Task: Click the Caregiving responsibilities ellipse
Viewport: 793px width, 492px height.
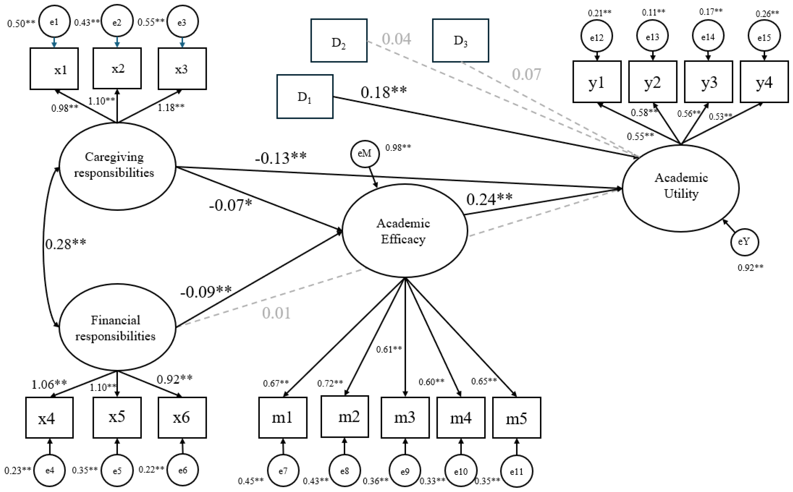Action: (117, 166)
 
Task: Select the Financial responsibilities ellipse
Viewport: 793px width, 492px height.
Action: (117, 327)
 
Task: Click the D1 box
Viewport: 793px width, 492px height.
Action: (305, 96)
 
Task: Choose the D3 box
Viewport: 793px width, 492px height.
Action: (460, 40)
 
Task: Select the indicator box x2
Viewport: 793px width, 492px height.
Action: (117, 69)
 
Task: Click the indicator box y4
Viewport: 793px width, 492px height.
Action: (764, 82)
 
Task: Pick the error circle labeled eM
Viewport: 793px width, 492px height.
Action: (365, 153)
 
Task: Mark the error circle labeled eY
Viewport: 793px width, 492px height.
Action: (744, 242)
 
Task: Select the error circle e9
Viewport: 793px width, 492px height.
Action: (405, 472)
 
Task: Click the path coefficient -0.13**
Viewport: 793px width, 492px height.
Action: (281, 158)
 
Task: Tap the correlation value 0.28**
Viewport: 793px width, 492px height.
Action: (66, 244)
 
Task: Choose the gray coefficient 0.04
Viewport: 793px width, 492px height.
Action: (396, 39)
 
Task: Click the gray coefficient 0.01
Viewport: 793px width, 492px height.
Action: (276, 313)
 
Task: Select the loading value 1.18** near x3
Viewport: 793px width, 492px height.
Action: (171, 107)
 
